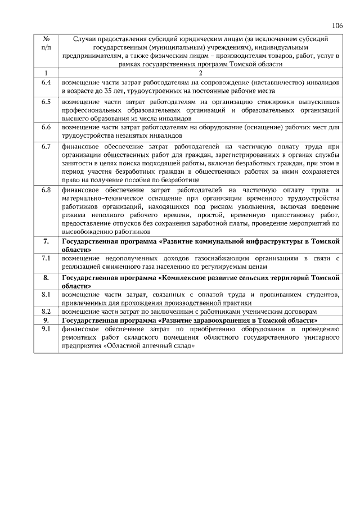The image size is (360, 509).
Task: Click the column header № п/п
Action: [x=46, y=44]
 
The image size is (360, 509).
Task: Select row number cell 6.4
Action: [x=46, y=82]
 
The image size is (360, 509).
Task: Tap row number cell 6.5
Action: [x=46, y=102]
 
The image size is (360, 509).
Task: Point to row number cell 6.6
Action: [x=46, y=128]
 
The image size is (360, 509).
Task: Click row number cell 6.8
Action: [x=46, y=190]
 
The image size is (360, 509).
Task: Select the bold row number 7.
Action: [x=46, y=241]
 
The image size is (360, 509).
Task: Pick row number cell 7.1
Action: [x=46, y=258]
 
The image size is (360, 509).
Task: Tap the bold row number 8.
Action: [x=46, y=278]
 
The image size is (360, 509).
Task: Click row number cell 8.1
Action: [x=46, y=294]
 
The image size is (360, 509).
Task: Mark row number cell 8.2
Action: [x=46, y=310]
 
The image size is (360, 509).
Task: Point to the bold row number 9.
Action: [x=46, y=319]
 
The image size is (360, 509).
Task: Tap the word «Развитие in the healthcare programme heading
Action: [x=179, y=319]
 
